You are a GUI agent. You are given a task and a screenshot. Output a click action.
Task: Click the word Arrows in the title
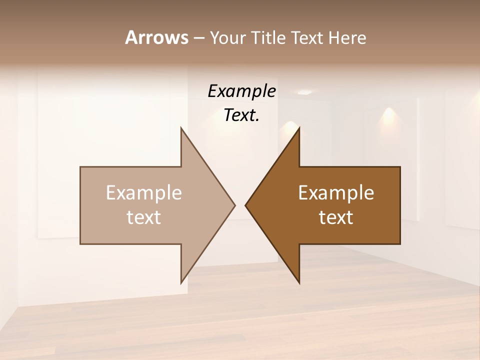pos(156,37)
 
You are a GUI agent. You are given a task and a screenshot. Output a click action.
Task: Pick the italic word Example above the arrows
pos(241,91)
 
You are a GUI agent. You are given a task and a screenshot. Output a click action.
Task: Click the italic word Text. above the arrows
pos(241,115)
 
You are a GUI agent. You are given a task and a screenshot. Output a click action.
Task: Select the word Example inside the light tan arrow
pos(144,192)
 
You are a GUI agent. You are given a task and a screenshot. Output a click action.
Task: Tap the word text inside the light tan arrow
pos(144,217)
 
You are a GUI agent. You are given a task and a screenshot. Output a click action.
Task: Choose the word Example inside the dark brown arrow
pos(336,192)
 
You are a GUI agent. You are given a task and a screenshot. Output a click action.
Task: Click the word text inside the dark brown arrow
pos(336,217)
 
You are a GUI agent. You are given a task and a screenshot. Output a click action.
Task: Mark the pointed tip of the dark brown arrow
pos(246,204)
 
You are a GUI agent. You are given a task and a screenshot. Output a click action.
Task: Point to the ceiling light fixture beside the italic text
pos(304,93)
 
